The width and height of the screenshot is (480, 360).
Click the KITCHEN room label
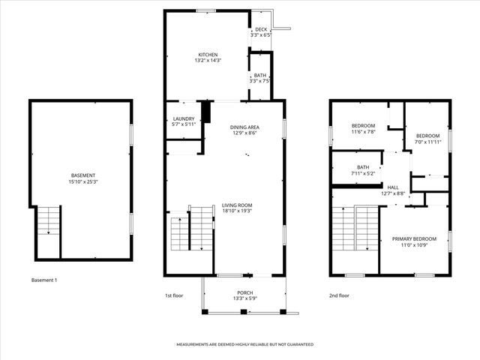[208, 55]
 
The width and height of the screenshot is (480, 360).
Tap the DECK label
[260, 29]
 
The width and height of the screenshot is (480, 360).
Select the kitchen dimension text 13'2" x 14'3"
[208, 61]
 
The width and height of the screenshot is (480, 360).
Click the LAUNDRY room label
[184, 118]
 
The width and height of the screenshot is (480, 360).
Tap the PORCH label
[244, 292]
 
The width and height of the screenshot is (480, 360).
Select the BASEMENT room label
[82, 175]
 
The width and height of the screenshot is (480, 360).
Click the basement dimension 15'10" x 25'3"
[82, 181]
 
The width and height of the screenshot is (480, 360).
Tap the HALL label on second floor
[393, 187]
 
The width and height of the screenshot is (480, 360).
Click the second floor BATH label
[363, 167]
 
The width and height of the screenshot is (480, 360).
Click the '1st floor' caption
[174, 295]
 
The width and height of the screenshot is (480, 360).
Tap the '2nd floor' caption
[340, 295]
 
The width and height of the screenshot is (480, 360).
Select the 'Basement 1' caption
[44, 280]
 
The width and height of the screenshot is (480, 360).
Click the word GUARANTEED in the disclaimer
[296, 344]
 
